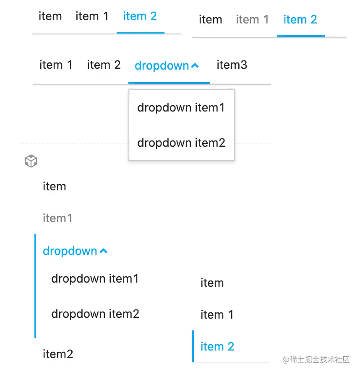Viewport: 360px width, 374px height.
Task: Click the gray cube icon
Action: point(31,161)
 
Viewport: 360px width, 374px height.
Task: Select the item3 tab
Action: point(232,65)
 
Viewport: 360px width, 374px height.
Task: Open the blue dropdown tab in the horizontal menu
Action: point(162,65)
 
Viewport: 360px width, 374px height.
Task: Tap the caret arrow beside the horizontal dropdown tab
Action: point(195,65)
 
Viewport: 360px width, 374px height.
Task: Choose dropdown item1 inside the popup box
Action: point(181,108)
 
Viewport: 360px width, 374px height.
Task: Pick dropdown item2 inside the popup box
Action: point(181,143)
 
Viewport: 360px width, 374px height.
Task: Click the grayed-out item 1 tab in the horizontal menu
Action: point(252,20)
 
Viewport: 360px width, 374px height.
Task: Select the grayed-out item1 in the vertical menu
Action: point(57,218)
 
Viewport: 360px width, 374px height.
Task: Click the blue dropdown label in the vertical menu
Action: point(70,251)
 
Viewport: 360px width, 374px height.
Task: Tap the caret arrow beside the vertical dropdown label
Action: point(104,251)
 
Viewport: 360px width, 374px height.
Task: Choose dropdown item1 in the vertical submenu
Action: point(95,279)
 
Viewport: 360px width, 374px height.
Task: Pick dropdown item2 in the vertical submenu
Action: point(95,314)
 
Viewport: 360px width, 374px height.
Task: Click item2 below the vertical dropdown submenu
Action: point(58,354)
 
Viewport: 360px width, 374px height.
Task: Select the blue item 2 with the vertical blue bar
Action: point(217,347)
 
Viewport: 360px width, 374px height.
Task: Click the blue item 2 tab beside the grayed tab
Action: point(300,20)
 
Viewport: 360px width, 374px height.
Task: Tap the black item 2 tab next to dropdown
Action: point(104,65)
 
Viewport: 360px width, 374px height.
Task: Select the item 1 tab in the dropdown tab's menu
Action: point(56,65)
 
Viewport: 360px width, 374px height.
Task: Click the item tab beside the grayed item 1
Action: point(210,20)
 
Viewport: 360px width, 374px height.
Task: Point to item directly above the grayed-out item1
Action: point(55,187)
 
